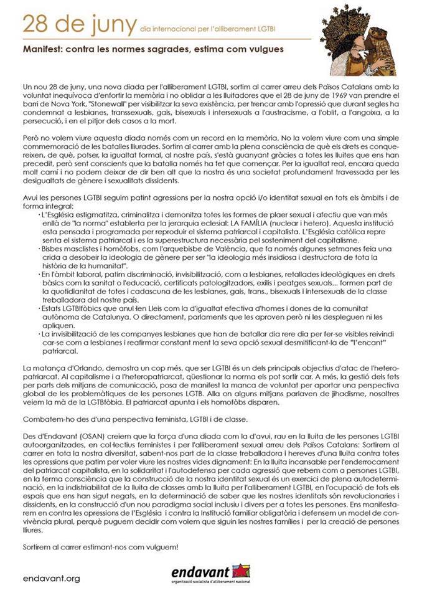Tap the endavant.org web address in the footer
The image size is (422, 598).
(x=51, y=578)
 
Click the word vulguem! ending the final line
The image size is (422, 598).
(x=159, y=547)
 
